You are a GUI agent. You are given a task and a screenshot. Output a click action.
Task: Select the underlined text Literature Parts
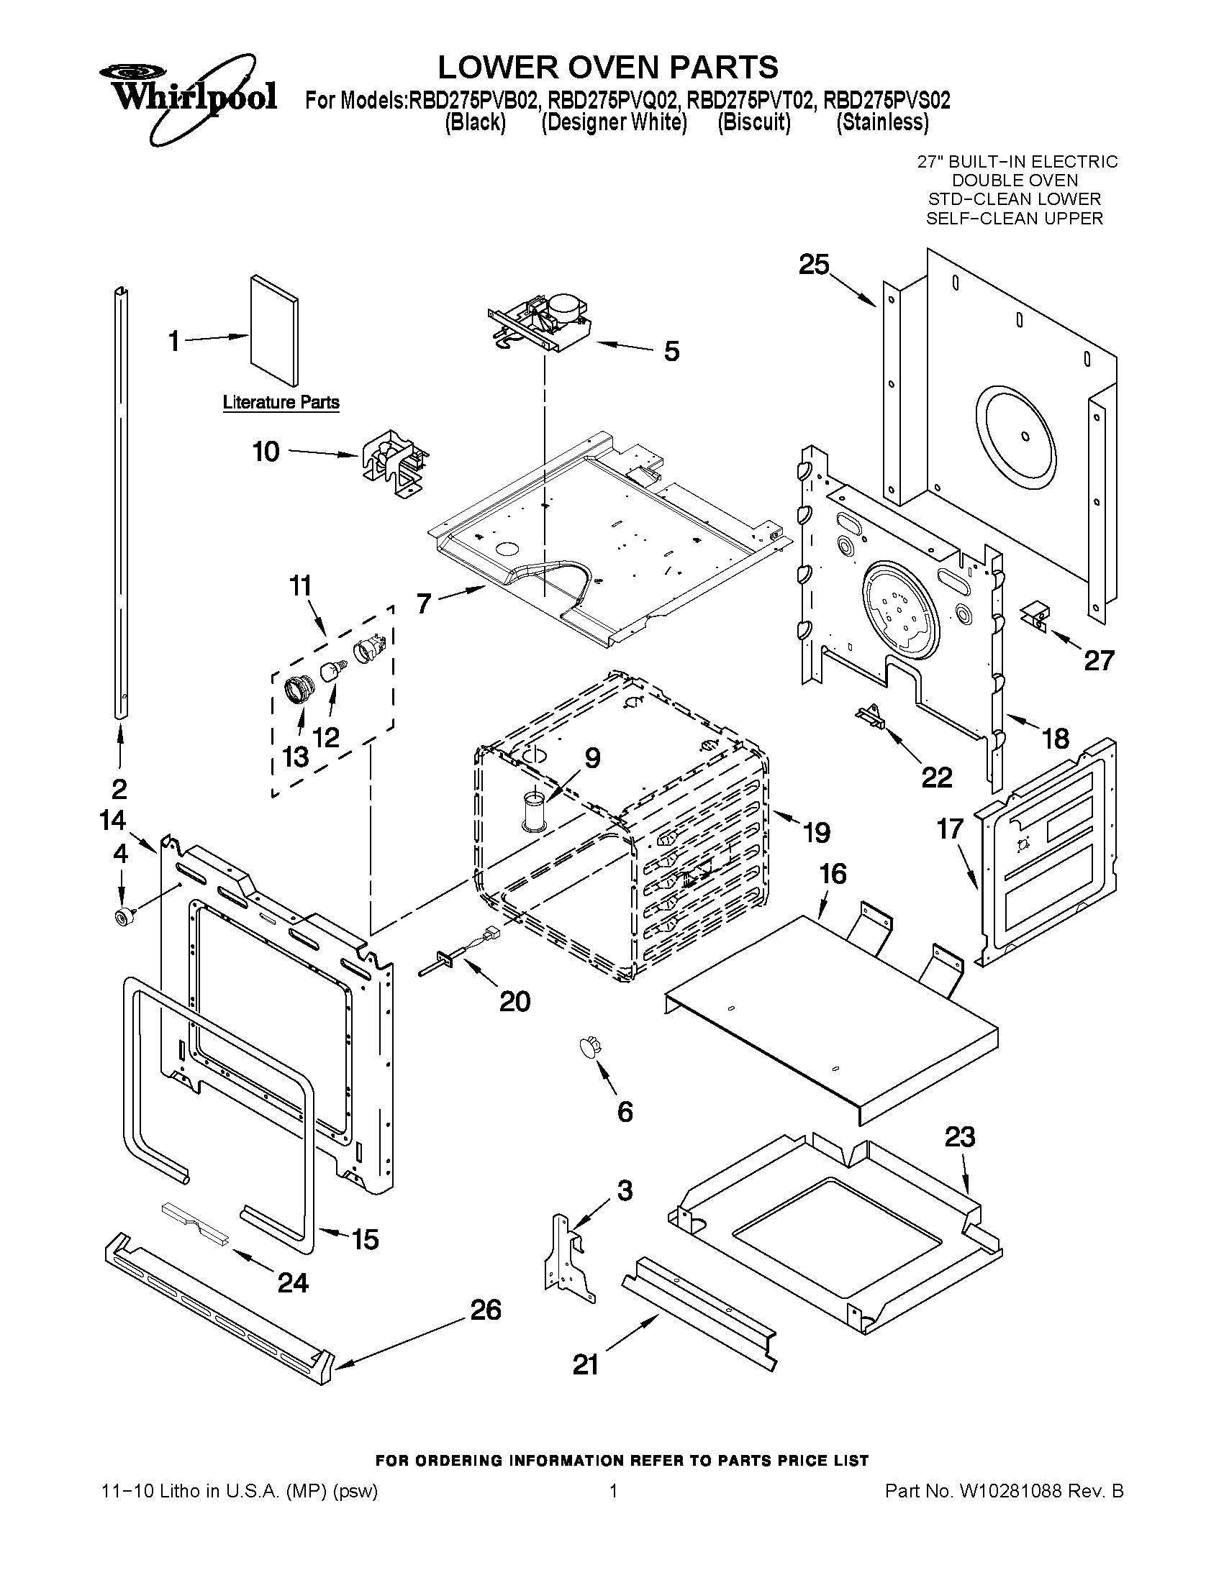pos(281,402)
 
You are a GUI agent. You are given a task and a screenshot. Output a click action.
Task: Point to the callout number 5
pos(671,352)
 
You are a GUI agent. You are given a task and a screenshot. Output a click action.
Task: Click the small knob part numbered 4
pos(119,917)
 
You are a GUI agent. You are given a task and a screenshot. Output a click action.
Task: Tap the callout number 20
pos(514,1001)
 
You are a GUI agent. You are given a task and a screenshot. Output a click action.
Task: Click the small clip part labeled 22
pos(871,717)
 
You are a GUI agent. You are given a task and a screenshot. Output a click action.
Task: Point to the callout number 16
pos(833,874)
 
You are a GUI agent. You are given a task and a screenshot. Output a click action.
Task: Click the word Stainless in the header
pos(881,122)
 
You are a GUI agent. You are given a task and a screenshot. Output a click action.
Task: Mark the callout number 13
pos(295,757)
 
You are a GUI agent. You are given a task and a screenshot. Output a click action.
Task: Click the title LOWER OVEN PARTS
pos(607,67)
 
